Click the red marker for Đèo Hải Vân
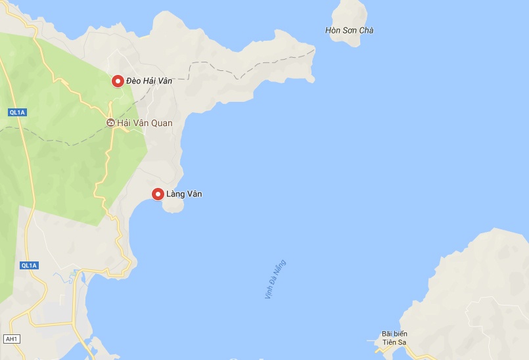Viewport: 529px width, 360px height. [x=118, y=81]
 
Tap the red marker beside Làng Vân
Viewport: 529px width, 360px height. [x=158, y=194]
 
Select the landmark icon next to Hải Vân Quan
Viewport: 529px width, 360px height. [x=110, y=123]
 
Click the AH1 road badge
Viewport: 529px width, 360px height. [x=11, y=339]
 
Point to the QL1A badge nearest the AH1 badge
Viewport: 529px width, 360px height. [x=30, y=265]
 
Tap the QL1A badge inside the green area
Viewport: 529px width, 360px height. [x=16, y=112]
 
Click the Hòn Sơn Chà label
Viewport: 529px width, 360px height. [x=350, y=30]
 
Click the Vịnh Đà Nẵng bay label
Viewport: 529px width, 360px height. [x=275, y=281]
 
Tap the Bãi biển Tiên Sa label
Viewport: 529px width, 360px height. [x=395, y=338]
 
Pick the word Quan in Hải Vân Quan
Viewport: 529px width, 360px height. [x=162, y=123]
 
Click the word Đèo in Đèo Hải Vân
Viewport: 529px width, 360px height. [x=135, y=81]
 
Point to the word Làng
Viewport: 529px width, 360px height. [x=176, y=194]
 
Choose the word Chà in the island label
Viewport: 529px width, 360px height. [x=366, y=30]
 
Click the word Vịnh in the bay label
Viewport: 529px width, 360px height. [x=269, y=294]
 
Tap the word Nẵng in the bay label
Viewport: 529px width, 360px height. [x=282, y=268]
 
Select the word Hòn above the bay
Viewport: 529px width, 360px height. [x=333, y=30]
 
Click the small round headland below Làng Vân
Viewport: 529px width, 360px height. [x=173, y=206]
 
